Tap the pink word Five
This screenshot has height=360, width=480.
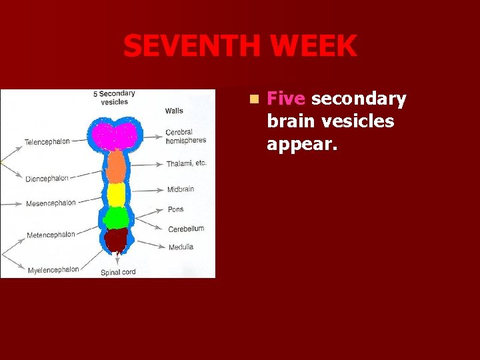click(286, 99)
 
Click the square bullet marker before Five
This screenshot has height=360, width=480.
click(253, 99)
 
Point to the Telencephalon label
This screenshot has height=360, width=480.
click(47, 142)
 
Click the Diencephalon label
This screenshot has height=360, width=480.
click(47, 179)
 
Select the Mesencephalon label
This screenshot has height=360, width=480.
click(51, 203)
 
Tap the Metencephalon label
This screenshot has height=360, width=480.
click(51, 235)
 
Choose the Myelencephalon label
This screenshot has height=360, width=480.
click(53, 270)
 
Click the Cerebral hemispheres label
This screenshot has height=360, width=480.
click(185, 136)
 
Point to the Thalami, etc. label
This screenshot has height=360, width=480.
click(187, 163)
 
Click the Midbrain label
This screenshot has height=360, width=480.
click(181, 189)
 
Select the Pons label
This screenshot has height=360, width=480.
click(176, 209)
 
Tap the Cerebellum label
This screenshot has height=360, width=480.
click(186, 229)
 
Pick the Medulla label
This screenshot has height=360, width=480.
click(181, 247)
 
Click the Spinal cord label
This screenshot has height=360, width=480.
click(118, 272)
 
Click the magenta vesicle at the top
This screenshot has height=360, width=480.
click(117, 135)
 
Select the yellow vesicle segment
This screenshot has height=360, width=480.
click(116, 194)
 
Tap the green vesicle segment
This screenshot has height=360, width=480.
click(116, 217)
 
